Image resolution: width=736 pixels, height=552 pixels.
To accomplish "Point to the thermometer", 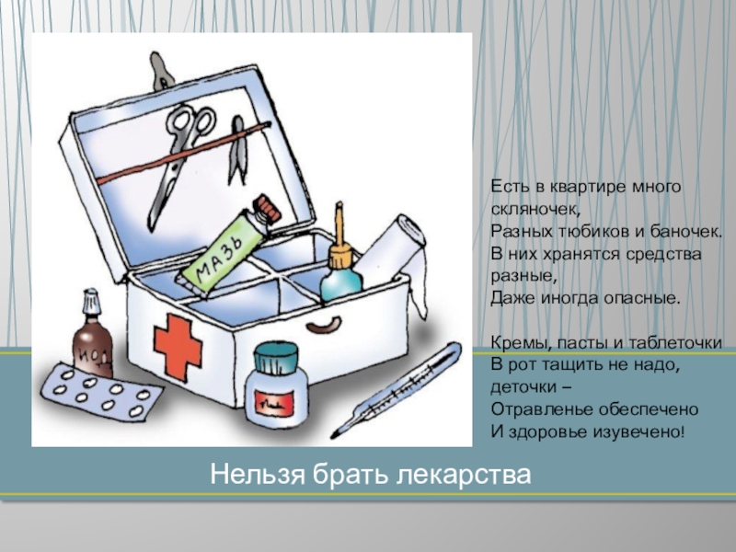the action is click(x=397, y=391).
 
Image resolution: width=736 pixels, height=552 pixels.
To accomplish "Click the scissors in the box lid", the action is click(x=180, y=162).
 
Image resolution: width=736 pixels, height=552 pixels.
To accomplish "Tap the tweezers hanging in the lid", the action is click(x=238, y=150).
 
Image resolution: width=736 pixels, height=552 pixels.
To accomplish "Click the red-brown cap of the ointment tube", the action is click(x=268, y=210).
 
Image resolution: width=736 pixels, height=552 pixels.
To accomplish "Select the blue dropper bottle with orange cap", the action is click(x=341, y=263).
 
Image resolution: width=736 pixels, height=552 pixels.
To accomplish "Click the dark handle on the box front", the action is click(x=324, y=324).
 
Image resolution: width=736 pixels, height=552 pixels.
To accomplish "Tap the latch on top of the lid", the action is click(x=161, y=72).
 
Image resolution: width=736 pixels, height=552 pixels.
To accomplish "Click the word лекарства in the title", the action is click(x=465, y=475).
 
